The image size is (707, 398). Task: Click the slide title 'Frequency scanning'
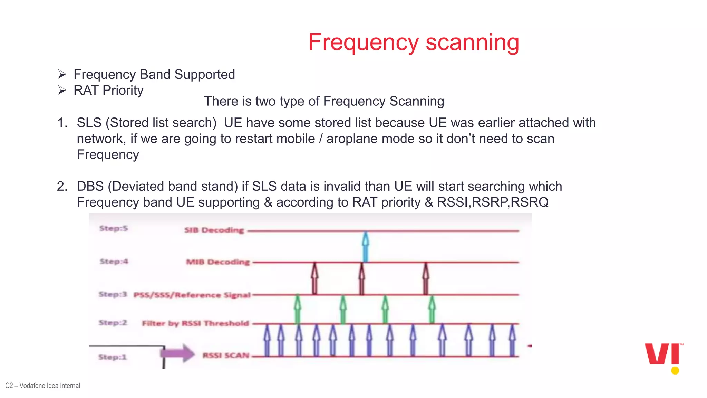pos(414,42)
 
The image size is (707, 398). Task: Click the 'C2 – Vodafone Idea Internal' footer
pos(43,386)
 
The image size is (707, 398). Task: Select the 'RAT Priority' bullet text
pos(108,91)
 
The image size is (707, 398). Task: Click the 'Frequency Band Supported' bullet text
pos(154,75)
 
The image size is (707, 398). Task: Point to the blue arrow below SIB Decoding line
pos(366,247)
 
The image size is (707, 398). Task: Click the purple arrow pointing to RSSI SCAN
pos(177,353)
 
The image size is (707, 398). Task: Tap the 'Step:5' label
pos(114,228)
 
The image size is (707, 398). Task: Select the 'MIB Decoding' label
pos(218,262)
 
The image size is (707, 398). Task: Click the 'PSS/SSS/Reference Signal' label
pos(192,295)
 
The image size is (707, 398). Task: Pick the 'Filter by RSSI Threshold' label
pos(195,323)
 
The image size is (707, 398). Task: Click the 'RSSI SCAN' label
pos(226,356)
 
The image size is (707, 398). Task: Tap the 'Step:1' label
pos(113,357)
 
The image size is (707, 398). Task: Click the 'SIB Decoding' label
pos(214,230)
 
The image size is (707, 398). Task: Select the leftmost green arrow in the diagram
pos(297,309)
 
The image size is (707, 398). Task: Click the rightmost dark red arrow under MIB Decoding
pos(426,278)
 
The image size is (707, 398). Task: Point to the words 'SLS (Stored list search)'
pos(146,123)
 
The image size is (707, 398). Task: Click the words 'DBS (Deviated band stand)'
pos(157,186)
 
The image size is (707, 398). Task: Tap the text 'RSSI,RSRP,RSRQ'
pos(493,202)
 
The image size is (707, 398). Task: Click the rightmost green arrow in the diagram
pos(432,309)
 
